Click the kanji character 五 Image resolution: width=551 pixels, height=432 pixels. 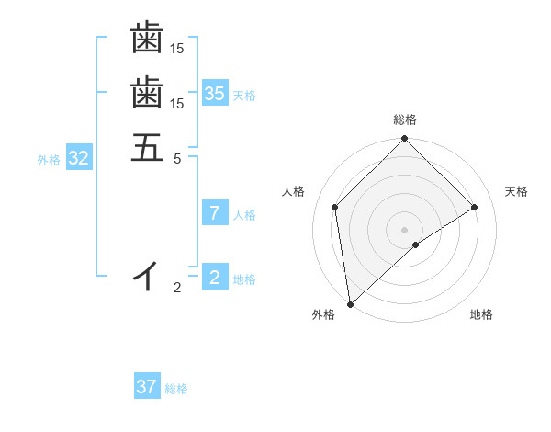147,148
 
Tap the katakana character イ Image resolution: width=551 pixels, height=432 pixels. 147,275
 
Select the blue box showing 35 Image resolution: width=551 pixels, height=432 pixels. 215,94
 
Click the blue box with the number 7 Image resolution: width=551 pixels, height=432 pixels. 215,213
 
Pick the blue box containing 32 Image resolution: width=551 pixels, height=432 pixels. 79,158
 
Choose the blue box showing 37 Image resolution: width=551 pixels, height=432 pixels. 147,387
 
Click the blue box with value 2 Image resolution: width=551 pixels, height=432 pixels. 215,278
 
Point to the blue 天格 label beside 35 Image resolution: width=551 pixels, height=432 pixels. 244,96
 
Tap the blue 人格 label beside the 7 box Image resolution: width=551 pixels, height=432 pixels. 244,215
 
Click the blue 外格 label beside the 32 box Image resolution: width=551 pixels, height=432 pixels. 49,160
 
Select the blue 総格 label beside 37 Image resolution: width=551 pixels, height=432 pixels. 176,389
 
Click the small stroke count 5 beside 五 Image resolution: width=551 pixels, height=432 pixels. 177,158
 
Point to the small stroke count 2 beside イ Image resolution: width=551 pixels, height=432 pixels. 177,289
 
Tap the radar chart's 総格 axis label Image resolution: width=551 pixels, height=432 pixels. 405,119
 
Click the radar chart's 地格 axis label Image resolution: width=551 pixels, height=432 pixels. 481,315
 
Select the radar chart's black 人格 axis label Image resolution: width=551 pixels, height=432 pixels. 294,191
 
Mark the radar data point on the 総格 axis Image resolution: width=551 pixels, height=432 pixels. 405,140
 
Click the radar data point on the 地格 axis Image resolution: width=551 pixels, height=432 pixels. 416,244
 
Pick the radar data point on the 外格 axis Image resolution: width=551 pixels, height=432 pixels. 350,303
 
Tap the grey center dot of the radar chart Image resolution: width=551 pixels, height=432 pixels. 405,229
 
